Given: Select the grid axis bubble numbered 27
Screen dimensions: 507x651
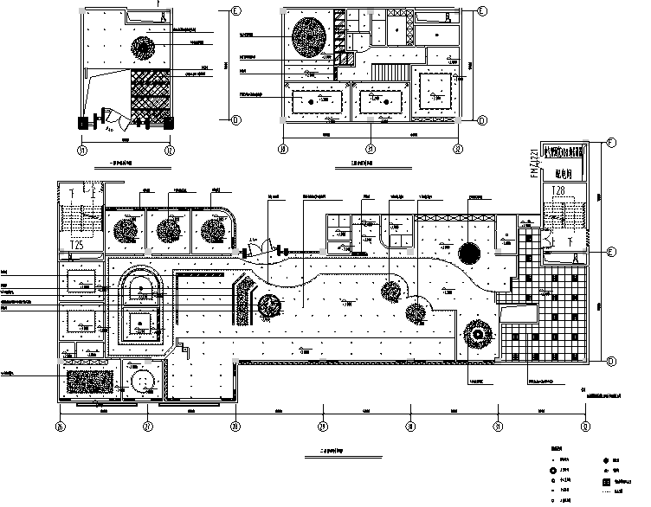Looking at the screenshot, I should pos(148,426).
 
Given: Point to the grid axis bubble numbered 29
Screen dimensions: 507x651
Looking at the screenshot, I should pos(323,426).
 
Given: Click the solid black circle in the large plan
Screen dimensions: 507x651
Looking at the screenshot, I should pos(467,253).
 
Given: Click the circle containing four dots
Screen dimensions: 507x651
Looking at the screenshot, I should pos(139,380).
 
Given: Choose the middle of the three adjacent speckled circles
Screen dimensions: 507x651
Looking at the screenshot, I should pos(169,230).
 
